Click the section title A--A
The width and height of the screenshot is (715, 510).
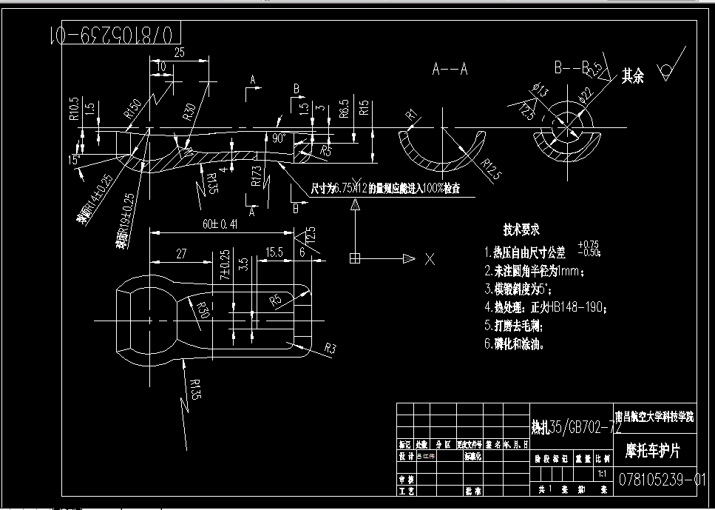tap(450, 70)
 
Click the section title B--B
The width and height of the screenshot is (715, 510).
tap(571, 68)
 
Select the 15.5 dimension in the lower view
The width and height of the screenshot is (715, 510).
tap(274, 252)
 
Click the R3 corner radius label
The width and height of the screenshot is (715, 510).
tap(330, 348)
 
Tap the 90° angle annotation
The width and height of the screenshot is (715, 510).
tap(279, 138)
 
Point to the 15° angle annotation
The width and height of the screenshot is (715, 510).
tap(73, 159)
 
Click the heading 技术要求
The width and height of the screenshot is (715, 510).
tap(521, 230)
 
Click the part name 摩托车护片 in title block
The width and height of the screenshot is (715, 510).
tap(653, 450)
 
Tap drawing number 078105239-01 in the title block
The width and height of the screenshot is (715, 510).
tap(663, 480)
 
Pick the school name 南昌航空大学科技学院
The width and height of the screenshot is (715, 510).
tap(654, 417)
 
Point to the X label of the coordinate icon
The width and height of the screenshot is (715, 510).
tap(430, 259)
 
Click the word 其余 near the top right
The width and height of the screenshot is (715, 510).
tap(632, 76)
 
